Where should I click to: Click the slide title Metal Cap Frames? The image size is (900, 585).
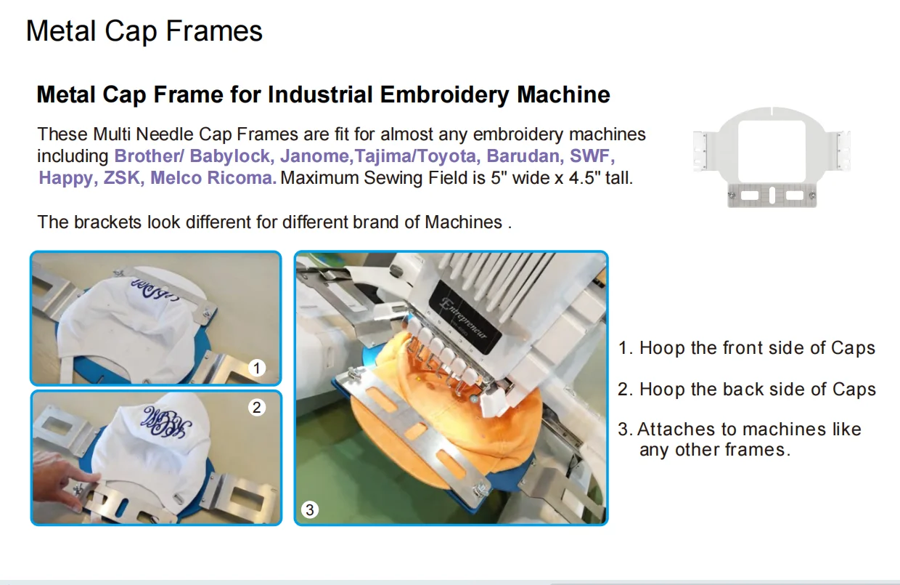click(144, 31)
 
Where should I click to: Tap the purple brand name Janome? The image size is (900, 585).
click(314, 156)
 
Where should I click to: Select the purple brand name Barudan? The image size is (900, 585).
click(523, 156)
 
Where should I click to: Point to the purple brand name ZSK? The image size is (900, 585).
click(122, 178)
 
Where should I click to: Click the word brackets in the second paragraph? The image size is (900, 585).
click(107, 222)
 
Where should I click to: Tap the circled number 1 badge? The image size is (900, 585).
click(257, 368)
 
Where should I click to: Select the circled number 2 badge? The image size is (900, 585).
click(257, 408)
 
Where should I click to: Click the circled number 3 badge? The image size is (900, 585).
click(310, 509)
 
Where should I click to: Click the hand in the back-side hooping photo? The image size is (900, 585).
click(65, 482)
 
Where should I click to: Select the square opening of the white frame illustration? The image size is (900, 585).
click(772, 151)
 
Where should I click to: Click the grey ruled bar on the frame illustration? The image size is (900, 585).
click(772, 195)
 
